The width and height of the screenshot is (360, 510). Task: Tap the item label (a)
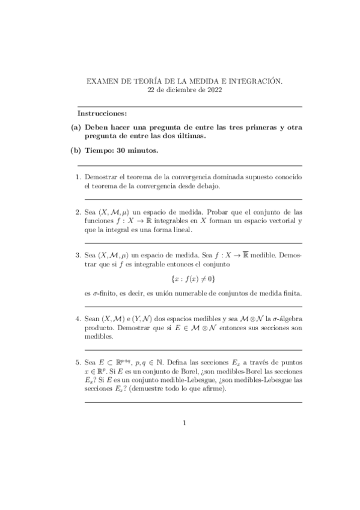click(76, 127)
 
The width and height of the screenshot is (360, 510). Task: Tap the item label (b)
click(76, 150)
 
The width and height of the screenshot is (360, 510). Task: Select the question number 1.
click(78, 177)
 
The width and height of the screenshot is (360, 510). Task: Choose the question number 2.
click(78, 212)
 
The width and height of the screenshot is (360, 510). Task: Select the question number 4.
click(78, 319)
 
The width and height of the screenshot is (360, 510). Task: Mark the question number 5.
click(78, 363)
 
